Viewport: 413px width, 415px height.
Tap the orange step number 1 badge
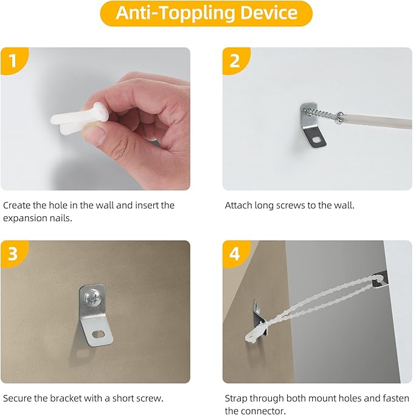point(14,61)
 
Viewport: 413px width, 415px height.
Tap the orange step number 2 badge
point(235,61)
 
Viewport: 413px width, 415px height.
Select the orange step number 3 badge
point(14,253)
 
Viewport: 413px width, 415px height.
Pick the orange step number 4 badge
point(235,253)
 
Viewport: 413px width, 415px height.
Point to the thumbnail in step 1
point(94,135)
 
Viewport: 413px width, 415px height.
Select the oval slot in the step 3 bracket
point(99,335)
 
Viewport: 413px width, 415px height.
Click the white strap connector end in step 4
point(255,334)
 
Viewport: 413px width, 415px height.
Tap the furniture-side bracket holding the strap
point(381,280)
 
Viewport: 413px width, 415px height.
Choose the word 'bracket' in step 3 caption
point(66,399)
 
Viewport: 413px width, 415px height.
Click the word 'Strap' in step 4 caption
point(236,399)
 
